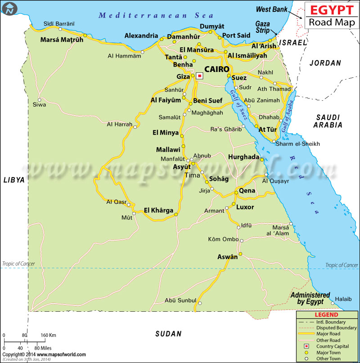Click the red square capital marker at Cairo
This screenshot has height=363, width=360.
coord(199,76)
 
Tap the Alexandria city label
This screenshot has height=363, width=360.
coord(141,36)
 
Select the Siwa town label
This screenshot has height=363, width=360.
coord(40,105)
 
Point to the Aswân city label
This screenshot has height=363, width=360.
coord(227,257)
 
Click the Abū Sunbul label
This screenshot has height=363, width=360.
coord(180,300)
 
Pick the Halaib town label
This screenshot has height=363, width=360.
coord(343,299)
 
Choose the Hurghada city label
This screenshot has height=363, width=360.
coord(244,157)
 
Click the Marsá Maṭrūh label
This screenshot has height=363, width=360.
coord(62,40)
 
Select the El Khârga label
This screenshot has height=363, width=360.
coord(158,210)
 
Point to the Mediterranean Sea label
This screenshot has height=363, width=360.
coord(150,15)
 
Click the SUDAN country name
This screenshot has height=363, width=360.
coord(168,334)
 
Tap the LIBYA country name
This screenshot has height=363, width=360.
coord(14,179)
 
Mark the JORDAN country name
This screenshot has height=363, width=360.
coord(325,63)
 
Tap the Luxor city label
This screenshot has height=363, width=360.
coord(245,207)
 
